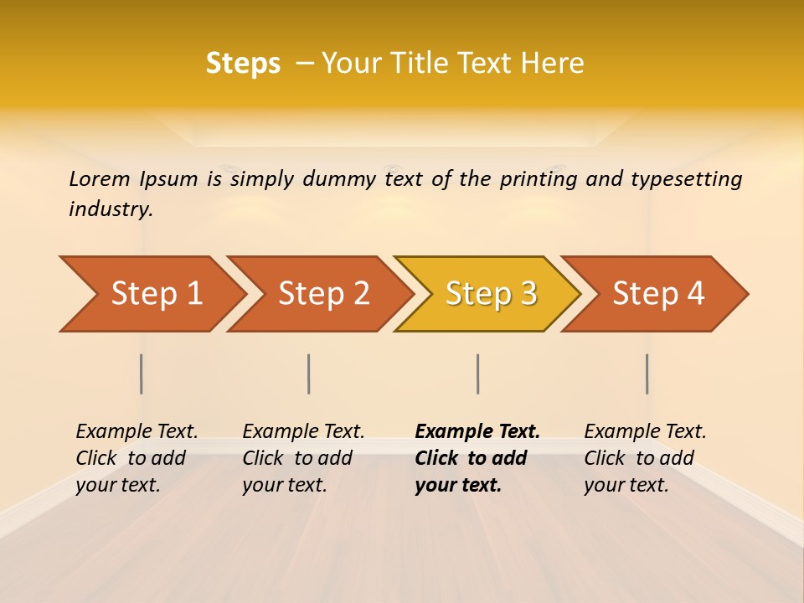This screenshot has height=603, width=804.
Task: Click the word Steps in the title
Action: pyautogui.click(x=243, y=64)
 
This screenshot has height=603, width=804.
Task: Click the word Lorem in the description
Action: pyautogui.click(x=100, y=178)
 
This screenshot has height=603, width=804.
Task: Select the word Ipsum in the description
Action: pyautogui.click(x=167, y=178)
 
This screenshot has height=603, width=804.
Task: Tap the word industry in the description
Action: pyautogui.click(x=111, y=209)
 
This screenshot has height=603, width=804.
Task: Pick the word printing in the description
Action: pyautogui.click(x=539, y=178)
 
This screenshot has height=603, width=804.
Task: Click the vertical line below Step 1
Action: pyautogui.click(x=142, y=374)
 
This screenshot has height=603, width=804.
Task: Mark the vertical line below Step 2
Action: pyautogui.click(x=309, y=374)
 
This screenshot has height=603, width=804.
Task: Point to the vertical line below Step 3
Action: pyautogui.click(x=478, y=374)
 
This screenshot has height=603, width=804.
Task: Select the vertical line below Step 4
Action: pyautogui.click(x=647, y=374)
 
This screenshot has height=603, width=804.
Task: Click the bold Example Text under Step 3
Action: pyautogui.click(x=477, y=431)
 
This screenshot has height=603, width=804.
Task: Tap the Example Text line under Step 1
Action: pyautogui.click(x=137, y=431)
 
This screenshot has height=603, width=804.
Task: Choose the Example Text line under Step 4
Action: pyautogui.click(x=645, y=431)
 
